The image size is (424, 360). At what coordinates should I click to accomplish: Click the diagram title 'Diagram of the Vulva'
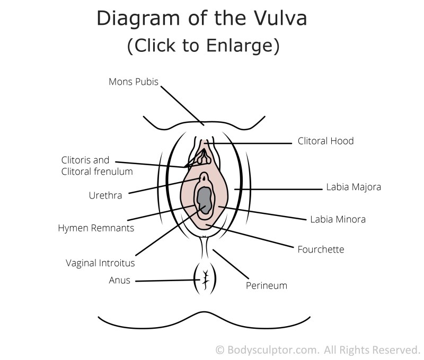(x=201, y=20)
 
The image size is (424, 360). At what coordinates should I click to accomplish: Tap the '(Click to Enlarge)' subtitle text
(x=203, y=46)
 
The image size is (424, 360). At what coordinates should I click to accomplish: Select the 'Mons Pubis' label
(x=133, y=82)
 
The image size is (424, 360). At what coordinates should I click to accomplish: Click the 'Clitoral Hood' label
(x=325, y=141)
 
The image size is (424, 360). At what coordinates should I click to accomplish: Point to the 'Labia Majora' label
(x=354, y=187)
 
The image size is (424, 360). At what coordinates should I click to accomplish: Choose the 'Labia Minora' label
(x=338, y=219)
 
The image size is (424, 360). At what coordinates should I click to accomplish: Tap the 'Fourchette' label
(x=321, y=249)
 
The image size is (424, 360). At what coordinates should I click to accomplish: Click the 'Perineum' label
(x=266, y=285)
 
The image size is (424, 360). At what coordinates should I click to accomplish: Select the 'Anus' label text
(x=119, y=281)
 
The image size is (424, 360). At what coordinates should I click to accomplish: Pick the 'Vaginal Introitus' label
(x=100, y=263)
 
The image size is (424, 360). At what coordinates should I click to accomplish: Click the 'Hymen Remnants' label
(x=96, y=229)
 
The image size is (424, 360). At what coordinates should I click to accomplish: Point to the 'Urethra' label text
(x=105, y=195)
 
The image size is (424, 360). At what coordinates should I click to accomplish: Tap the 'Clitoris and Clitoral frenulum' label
(x=96, y=165)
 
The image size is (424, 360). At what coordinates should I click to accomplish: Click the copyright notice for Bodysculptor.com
(x=317, y=350)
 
